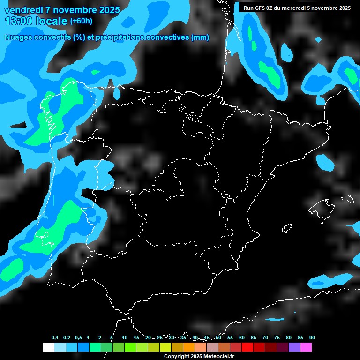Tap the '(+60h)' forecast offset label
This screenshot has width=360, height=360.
point(81,21)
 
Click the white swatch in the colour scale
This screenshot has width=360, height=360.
point(48,347)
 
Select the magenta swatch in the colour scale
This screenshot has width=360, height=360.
point(306,347)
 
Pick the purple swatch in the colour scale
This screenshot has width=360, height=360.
point(294,347)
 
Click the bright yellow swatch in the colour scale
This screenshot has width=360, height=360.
point(165,347)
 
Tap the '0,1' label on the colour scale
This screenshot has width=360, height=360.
point(55,338)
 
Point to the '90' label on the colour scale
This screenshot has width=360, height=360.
point(312,338)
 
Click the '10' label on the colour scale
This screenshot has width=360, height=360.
point(124,338)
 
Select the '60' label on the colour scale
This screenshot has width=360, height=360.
point(241,338)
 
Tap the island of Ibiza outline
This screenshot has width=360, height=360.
point(287,228)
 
